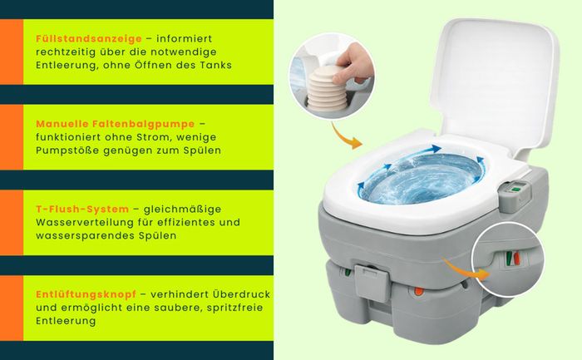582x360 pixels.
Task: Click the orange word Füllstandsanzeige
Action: pyautogui.click(x=89, y=38)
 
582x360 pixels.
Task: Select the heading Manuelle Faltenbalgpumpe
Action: pyautogui.click(x=115, y=124)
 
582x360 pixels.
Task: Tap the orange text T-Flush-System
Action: pyautogui.click(x=82, y=209)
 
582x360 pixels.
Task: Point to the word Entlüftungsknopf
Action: pyautogui.click(x=86, y=294)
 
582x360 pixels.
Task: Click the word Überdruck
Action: pyautogui.click(x=242, y=294)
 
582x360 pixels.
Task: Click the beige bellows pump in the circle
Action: pyautogui.click(x=327, y=89)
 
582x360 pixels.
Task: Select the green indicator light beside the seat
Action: pyautogui.click(x=515, y=190)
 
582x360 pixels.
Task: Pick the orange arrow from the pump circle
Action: pyautogui.click(x=344, y=136)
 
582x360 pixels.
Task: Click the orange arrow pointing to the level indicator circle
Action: pyautogui.click(x=468, y=270)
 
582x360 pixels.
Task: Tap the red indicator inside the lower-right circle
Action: pyautogui.click(x=516, y=259)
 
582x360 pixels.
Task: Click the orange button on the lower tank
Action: pyautogui.click(x=419, y=291)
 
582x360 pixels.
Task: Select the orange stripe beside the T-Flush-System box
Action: pyautogui.click(x=12, y=223)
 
